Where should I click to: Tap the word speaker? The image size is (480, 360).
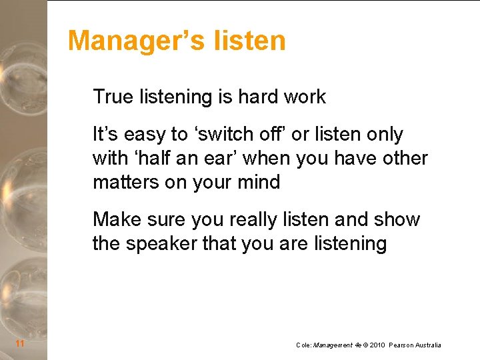(x=161, y=244)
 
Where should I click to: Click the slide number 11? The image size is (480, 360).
(x=20, y=344)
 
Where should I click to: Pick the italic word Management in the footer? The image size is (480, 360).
(x=333, y=345)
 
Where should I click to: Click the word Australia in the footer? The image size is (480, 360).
(x=427, y=345)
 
